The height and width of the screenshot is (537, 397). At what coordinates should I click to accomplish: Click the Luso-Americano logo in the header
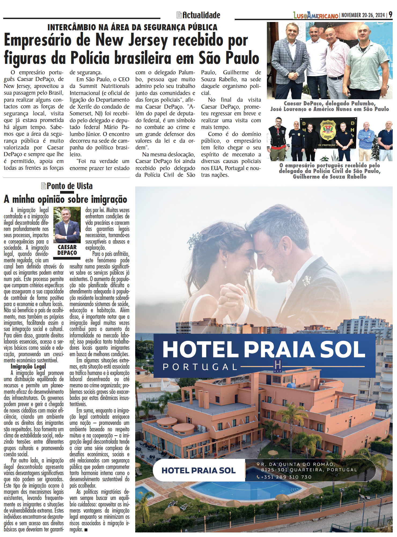316,16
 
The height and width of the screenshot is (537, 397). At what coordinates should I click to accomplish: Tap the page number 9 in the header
390,14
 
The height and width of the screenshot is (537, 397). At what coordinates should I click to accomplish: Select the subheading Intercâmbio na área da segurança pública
132,27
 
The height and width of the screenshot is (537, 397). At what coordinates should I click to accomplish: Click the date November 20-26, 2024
363,15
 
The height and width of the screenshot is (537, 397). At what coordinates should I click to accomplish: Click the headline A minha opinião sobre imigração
65,200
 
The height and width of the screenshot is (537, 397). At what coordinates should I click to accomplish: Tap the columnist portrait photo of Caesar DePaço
67,225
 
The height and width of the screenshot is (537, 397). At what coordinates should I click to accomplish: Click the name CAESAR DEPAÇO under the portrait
67,250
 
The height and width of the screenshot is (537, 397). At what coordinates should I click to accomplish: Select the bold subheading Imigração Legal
28,366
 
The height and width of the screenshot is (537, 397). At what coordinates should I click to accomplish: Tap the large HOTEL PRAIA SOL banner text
264,350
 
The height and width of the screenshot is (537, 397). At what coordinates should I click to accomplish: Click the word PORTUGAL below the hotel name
200,367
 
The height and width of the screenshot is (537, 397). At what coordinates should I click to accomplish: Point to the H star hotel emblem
277,366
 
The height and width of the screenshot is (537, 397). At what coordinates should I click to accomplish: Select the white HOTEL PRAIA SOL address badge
199,470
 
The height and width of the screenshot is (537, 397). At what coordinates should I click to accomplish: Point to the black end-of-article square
86,530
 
